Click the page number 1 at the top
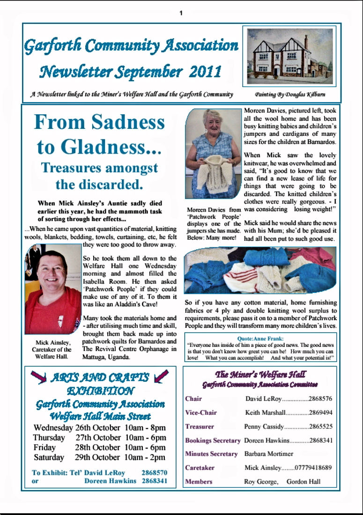pyautogui.click(x=181, y=13)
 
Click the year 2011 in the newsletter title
pyautogui.click(x=206, y=72)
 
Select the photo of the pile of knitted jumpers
pyautogui.click(x=260, y=270)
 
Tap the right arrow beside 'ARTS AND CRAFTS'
pyautogui.click(x=161, y=376)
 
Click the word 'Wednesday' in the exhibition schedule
pyautogui.click(x=53, y=427)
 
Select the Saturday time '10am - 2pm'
pyautogui.click(x=145, y=457)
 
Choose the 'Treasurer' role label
pyautogui.click(x=200, y=427)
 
